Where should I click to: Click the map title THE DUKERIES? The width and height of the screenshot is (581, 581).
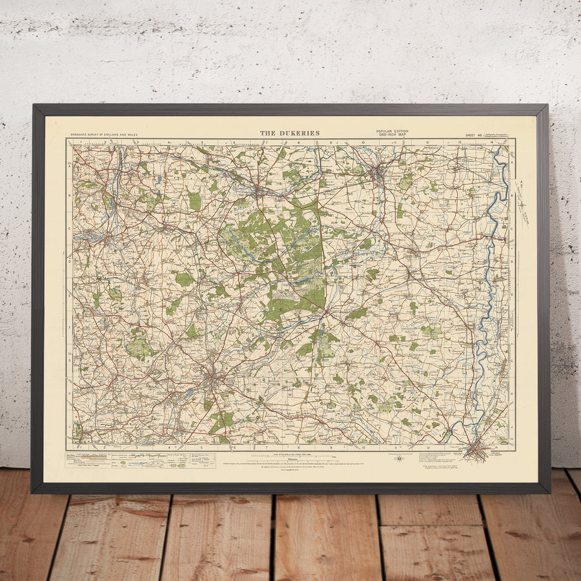[290, 133]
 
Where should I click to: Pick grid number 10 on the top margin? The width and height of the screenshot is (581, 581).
[363, 141]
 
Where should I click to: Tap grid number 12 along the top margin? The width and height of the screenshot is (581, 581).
[427, 141]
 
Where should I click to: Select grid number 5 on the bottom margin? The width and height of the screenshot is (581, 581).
[201, 447]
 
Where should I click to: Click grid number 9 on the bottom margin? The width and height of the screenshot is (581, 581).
[331, 447]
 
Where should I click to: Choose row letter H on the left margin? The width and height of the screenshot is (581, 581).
[69, 392]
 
